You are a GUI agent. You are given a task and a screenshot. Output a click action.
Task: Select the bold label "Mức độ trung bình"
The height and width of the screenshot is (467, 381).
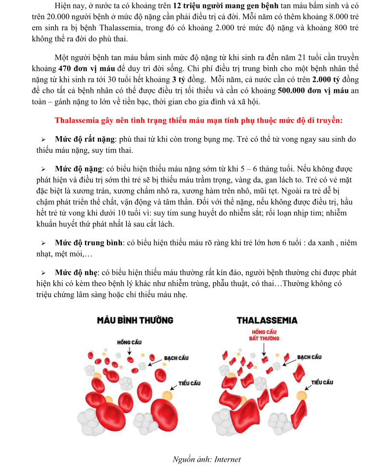click(x=88, y=243)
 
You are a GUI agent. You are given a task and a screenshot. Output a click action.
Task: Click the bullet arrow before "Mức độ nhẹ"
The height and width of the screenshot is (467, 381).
click(x=43, y=273)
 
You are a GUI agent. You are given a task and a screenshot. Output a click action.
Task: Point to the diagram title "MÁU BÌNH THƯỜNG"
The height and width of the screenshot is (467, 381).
click(x=135, y=320)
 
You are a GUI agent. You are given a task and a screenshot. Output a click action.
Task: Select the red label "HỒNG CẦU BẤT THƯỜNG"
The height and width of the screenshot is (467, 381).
click(x=264, y=335)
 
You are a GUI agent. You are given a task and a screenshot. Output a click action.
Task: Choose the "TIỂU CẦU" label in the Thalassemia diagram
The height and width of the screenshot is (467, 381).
click(x=322, y=382)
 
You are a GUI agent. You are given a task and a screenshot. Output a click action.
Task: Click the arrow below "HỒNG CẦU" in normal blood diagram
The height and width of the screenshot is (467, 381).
click(x=129, y=351)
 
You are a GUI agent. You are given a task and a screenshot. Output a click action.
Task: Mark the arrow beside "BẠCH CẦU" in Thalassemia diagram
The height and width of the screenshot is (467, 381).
click(x=289, y=362)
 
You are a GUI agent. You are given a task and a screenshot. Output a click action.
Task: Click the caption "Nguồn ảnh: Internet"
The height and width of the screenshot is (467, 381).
click(x=207, y=459)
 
